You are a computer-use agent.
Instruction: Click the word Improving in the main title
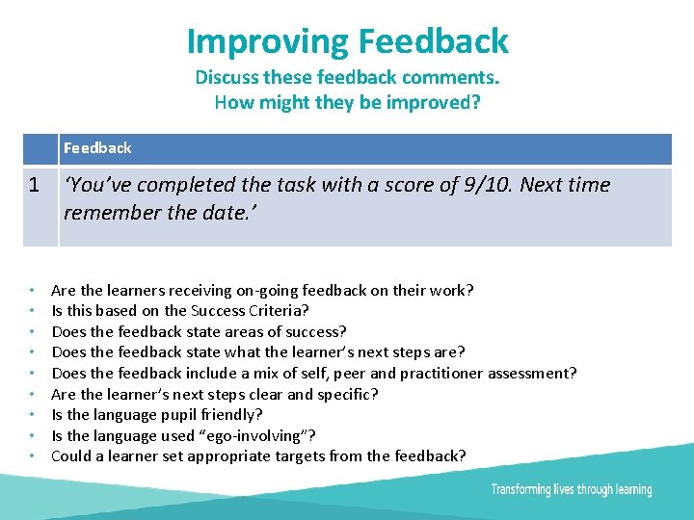(268, 41)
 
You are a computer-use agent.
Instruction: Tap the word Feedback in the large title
(433, 41)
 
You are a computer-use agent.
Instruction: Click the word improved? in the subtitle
(432, 101)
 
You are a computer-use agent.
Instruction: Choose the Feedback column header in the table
(97, 148)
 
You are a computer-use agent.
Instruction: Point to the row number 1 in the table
(34, 185)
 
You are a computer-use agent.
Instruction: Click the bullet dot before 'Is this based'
(33, 311)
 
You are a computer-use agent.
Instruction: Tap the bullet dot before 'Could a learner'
(33, 456)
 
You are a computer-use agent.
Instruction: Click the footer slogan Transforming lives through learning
(571, 490)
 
